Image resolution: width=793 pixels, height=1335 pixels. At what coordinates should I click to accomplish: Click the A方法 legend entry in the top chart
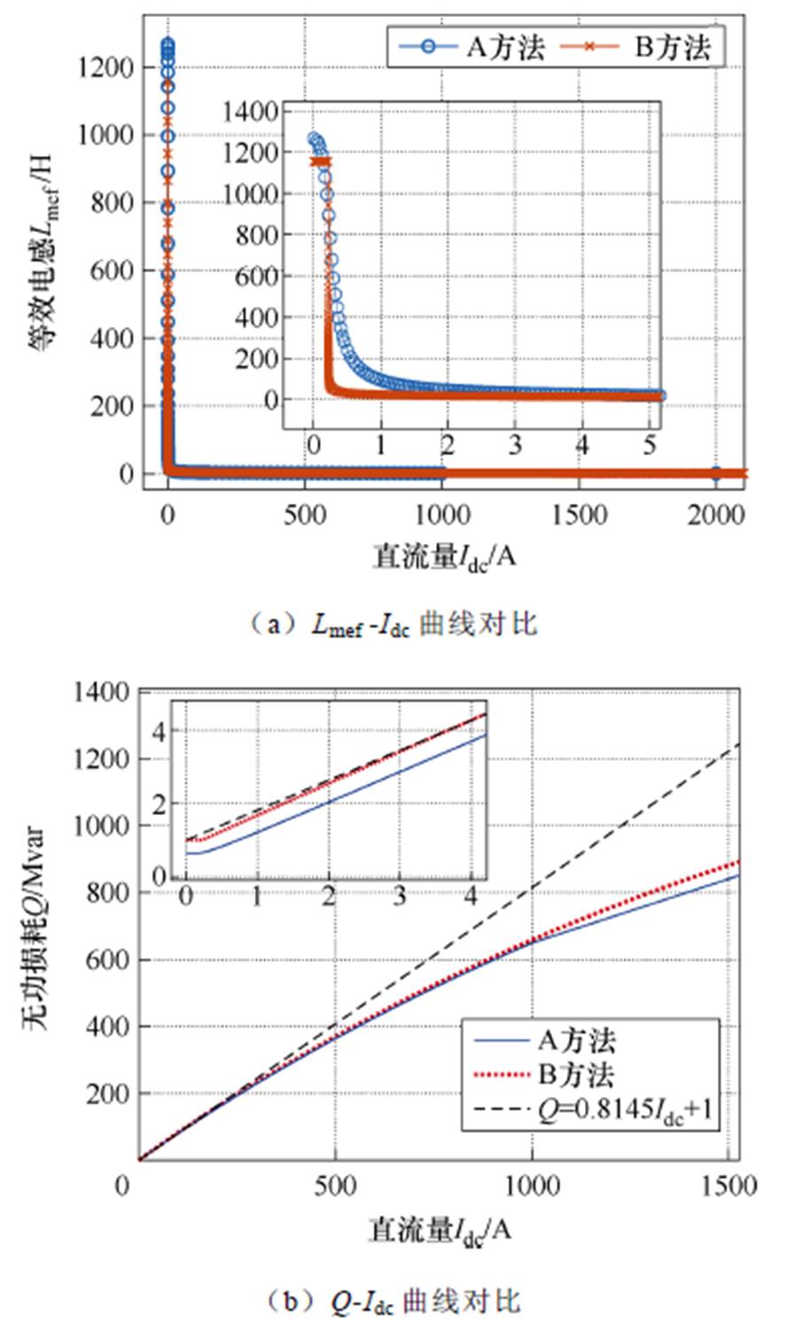(x=470, y=47)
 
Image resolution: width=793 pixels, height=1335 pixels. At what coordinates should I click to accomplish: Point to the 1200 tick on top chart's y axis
(x=107, y=67)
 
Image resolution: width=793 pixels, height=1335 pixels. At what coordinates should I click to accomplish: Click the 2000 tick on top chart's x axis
(x=716, y=514)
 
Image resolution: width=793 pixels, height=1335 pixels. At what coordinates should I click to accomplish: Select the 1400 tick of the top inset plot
(x=253, y=112)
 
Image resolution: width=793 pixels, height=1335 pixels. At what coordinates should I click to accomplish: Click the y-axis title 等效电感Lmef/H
(x=43, y=257)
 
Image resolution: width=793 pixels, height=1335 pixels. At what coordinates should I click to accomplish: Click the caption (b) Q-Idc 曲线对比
(x=393, y=1301)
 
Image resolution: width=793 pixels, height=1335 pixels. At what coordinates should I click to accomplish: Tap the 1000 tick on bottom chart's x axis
(x=532, y=1186)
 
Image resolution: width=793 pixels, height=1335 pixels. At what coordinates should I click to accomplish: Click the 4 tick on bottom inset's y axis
(x=160, y=730)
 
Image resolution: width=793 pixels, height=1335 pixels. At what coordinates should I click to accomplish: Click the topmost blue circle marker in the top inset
(x=313, y=139)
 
